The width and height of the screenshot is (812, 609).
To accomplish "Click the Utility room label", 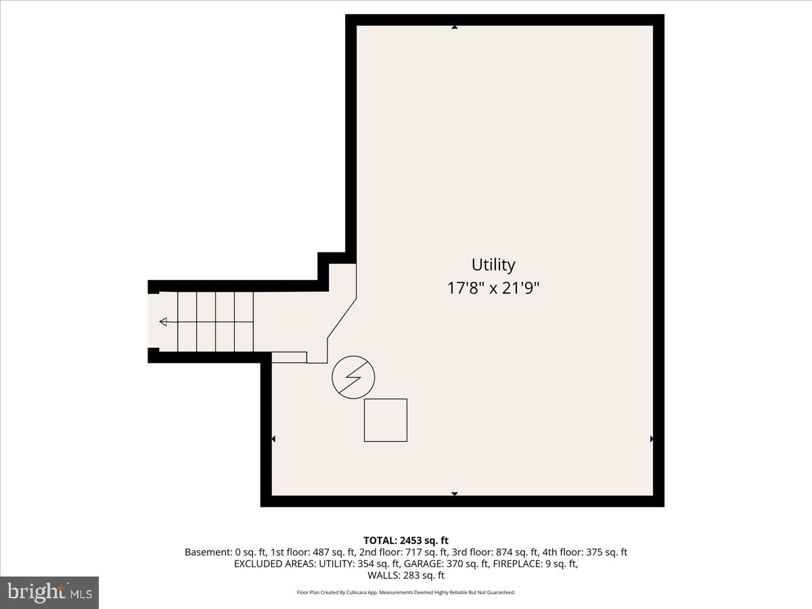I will pyautogui.click(x=493, y=265).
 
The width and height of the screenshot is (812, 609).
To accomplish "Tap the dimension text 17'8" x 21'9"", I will pyautogui.click(x=493, y=288).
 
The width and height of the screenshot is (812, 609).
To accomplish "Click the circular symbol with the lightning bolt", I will pyautogui.click(x=353, y=378).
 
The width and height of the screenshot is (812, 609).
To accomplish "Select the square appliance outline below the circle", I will pyautogui.click(x=386, y=420).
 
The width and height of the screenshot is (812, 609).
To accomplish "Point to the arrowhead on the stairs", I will pyautogui.click(x=163, y=322).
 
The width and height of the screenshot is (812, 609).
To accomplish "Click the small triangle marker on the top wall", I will pyautogui.click(x=455, y=27).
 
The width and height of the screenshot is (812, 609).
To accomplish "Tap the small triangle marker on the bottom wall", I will pyautogui.click(x=455, y=494).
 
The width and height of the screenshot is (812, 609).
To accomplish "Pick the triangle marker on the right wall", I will pyautogui.click(x=652, y=439).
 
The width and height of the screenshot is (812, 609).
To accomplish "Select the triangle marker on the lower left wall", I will pyautogui.click(x=273, y=439).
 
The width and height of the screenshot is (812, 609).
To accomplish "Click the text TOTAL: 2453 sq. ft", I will pyautogui.click(x=406, y=540).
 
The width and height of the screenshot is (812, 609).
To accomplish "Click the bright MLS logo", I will pyautogui.click(x=49, y=592).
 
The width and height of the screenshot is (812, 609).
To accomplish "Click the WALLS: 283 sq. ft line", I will pyautogui.click(x=406, y=576).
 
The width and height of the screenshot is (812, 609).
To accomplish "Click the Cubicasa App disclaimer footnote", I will pyautogui.click(x=406, y=593).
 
